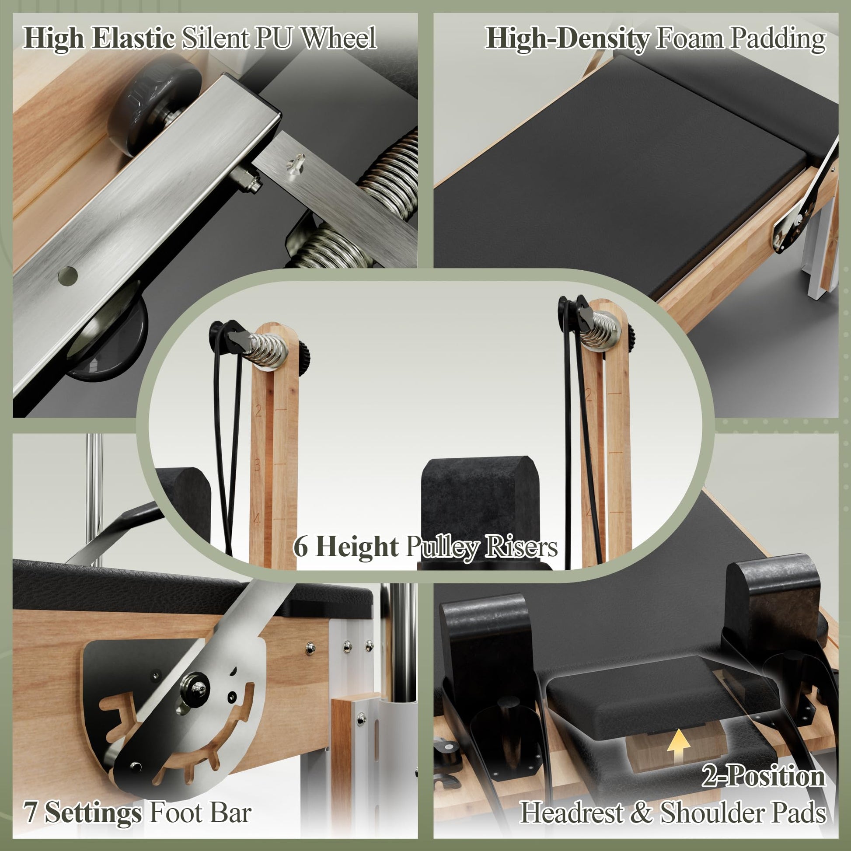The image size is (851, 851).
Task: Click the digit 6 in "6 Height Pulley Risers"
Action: tap(300, 547)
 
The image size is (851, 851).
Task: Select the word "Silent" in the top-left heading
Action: tap(216, 38)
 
